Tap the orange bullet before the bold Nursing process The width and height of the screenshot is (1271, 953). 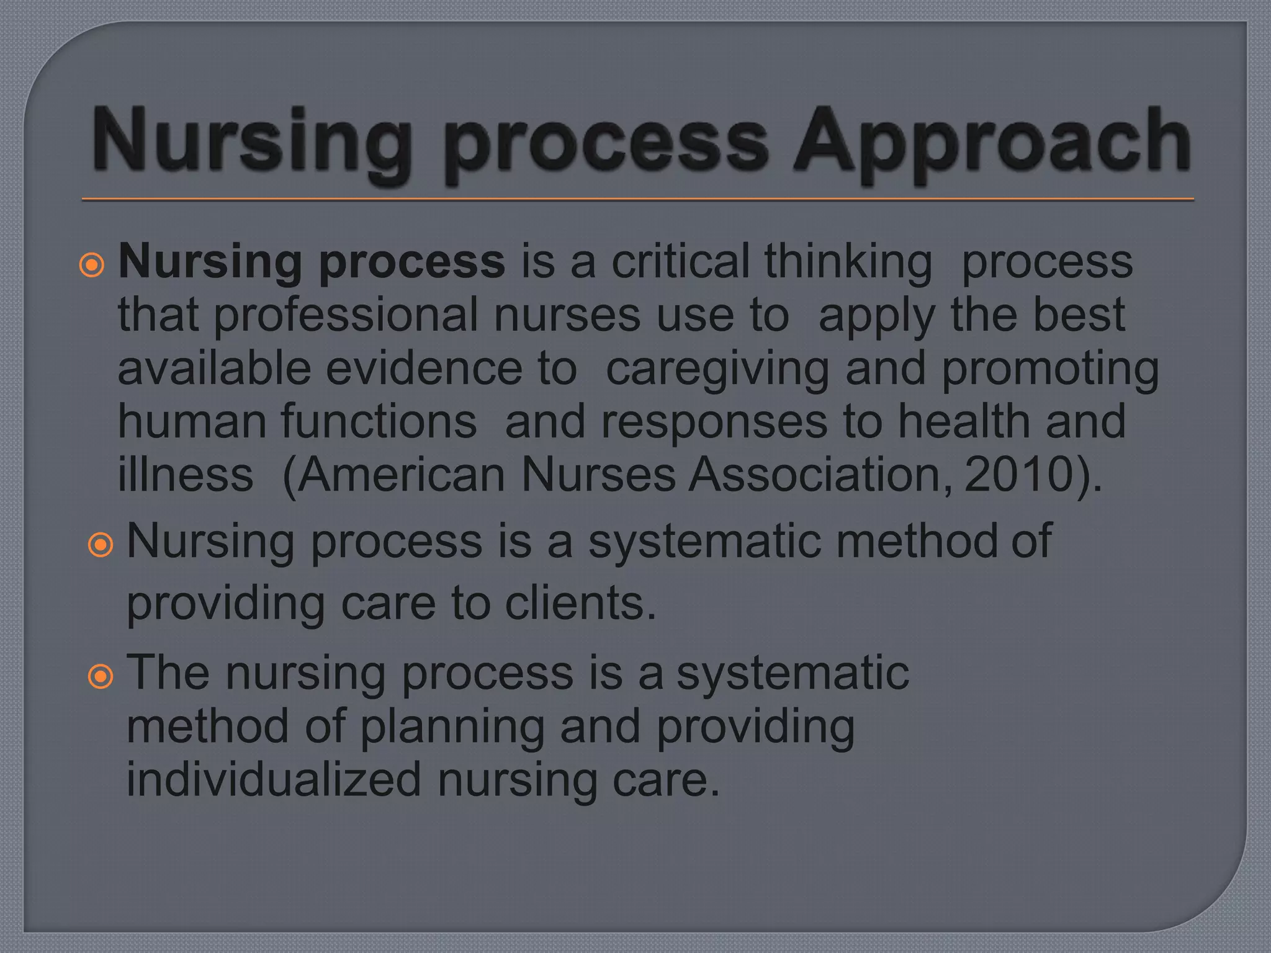(92, 266)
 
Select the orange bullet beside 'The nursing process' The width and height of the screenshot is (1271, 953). (101, 676)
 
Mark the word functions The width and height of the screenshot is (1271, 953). (379, 421)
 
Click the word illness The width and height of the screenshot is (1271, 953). (186, 475)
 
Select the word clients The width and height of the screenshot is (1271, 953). (580, 602)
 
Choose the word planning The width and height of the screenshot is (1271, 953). (452, 728)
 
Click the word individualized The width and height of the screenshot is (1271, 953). (274, 779)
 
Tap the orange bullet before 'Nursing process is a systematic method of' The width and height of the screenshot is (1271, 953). (101, 545)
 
